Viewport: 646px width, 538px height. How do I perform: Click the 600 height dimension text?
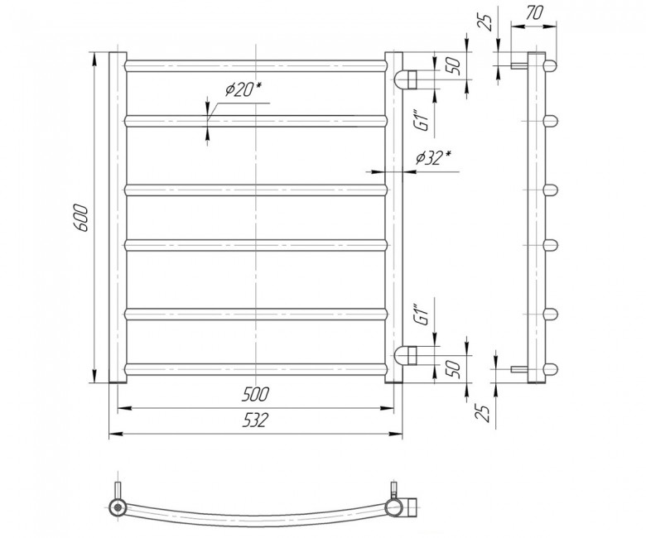(82, 219)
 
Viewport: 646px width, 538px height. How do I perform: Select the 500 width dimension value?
(255, 394)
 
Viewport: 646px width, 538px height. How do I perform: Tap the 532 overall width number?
(255, 420)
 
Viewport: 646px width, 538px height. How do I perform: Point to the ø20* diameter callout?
(243, 89)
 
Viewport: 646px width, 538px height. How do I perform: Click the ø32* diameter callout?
(433, 157)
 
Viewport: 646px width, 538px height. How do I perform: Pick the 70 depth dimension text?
(534, 13)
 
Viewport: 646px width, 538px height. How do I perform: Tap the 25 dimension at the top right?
(486, 22)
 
